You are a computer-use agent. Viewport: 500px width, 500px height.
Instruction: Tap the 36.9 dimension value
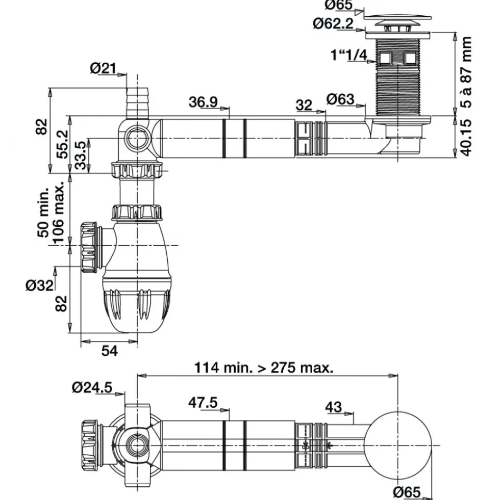coord(203,102)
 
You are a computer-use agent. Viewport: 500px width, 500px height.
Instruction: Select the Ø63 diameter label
coord(340,99)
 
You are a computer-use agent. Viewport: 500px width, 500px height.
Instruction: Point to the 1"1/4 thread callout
coord(349,55)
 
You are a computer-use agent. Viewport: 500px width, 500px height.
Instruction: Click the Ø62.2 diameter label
coord(333,23)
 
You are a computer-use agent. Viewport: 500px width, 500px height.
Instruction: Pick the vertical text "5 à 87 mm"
coord(466,72)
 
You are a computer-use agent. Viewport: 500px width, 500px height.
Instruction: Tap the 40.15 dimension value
coord(466,138)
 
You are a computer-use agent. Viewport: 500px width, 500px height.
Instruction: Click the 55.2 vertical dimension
coord(63,144)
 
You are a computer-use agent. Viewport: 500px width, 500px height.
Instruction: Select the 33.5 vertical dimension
coord(81,155)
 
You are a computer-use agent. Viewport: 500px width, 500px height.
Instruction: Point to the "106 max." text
coord(59,213)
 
